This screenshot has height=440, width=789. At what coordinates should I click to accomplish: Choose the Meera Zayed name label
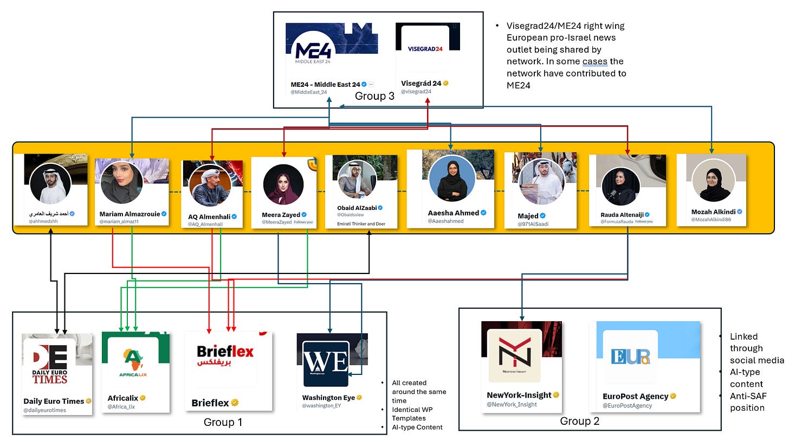tap(280, 215)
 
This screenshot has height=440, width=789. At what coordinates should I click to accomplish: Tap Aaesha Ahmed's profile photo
tap(451, 178)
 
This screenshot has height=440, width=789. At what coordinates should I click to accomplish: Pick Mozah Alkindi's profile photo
tap(714, 181)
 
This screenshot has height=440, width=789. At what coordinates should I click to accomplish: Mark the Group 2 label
tap(579, 420)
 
